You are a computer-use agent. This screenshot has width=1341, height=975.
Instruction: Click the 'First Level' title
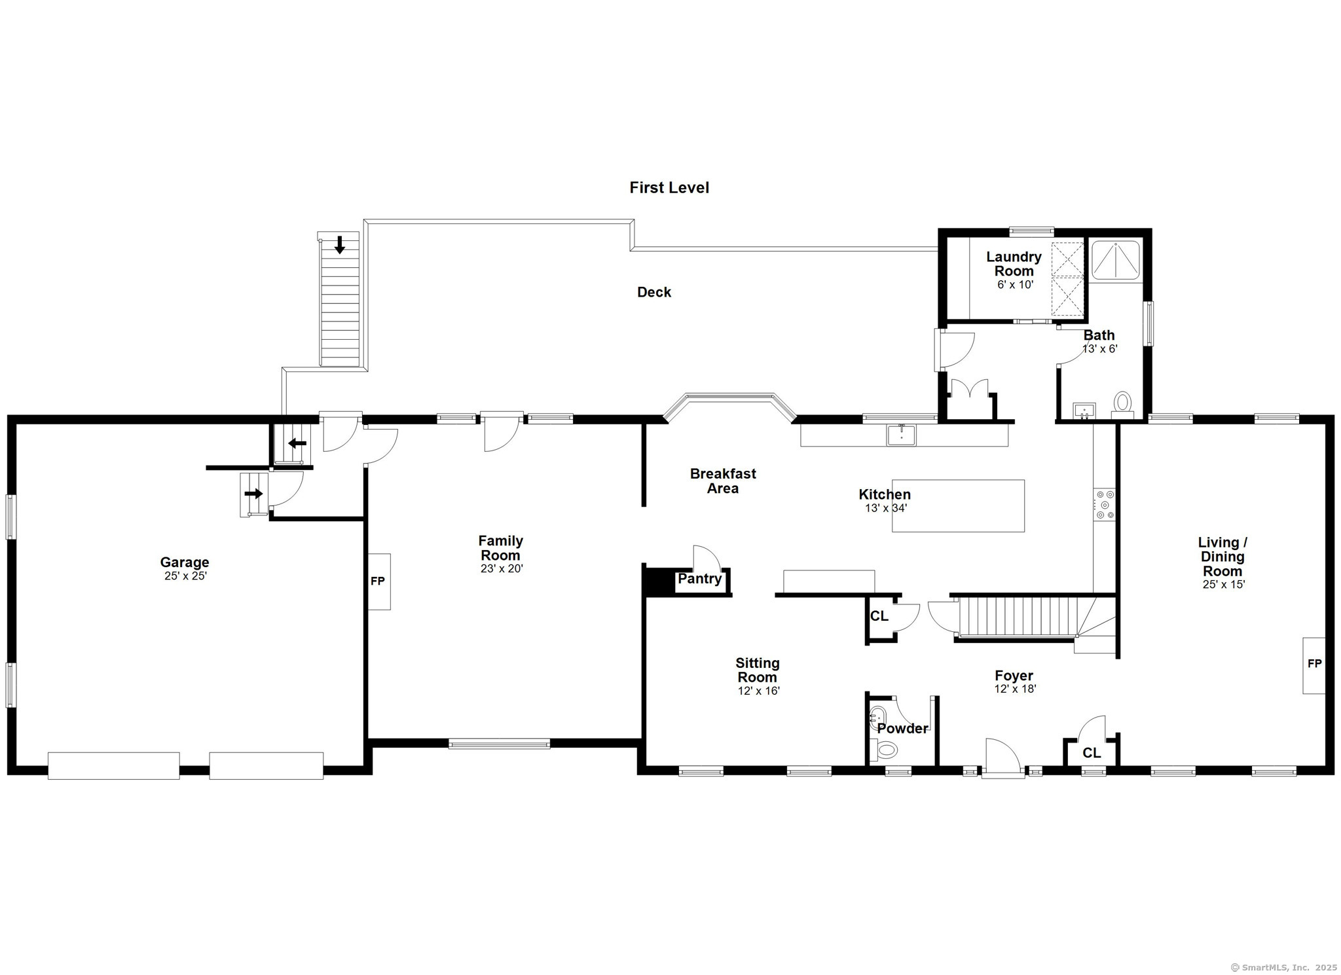[x=669, y=188]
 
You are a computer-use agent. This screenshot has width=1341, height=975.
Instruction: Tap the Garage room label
[x=185, y=562]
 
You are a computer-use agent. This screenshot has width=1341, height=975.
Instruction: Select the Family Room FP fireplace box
[x=379, y=581]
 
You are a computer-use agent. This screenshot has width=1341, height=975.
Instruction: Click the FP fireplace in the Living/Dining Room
[x=1313, y=665]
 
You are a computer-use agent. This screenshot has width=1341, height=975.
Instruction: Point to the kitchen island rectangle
[x=958, y=506]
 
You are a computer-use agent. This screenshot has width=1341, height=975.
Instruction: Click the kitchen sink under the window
[x=902, y=435]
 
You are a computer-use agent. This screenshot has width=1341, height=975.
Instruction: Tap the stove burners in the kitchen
[x=1105, y=505]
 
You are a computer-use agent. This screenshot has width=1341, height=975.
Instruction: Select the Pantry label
[x=699, y=579]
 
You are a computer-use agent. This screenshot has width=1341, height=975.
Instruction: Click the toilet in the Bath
[x=1122, y=405]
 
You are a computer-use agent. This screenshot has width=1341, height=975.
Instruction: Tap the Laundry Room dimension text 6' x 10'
[x=1015, y=285]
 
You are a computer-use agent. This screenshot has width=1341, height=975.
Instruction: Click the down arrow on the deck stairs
[x=339, y=245]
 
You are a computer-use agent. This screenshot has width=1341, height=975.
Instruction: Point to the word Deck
[x=654, y=292]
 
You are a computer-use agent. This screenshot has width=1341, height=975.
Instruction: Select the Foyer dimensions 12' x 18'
[x=1015, y=689]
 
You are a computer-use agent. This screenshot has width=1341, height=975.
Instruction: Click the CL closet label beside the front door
[x=1092, y=753]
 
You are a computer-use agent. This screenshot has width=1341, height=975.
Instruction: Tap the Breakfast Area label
[x=723, y=481]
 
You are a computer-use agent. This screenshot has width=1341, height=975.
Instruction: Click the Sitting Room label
[x=758, y=670]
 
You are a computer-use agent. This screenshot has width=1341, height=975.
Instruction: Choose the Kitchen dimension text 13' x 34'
[x=886, y=507]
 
